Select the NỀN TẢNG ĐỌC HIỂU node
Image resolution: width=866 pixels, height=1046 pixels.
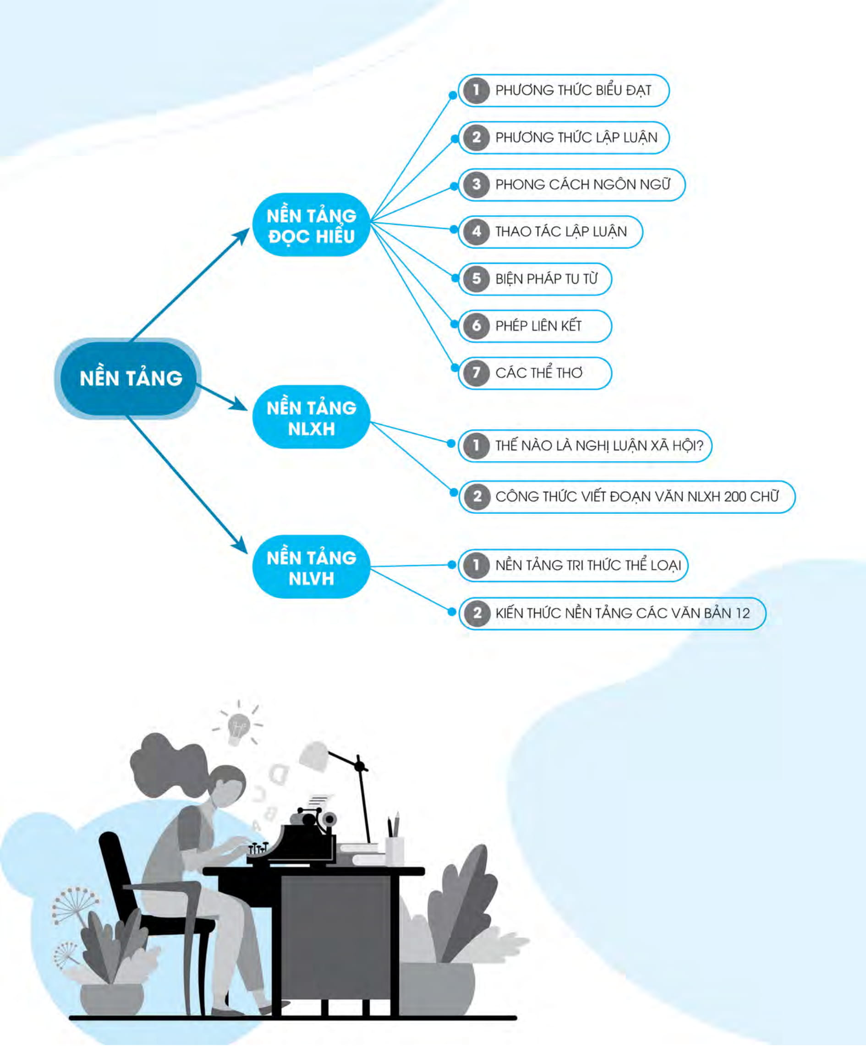pyautogui.click(x=312, y=225)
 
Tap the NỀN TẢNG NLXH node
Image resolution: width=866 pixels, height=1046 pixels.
pyautogui.click(x=312, y=417)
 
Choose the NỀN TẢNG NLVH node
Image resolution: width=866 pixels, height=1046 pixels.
pyautogui.click(x=312, y=567)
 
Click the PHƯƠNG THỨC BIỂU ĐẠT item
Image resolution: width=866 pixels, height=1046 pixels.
pyautogui.click(x=564, y=91)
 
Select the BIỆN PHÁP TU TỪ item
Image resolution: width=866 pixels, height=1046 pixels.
pyautogui.click(x=535, y=279)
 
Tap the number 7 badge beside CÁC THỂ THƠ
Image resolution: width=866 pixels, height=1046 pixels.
pyautogui.click(x=477, y=373)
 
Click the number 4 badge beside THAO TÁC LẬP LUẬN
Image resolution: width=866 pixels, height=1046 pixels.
pyautogui.click(x=477, y=232)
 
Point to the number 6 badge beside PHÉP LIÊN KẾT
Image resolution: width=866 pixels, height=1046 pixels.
pyautogui.click(x=477, y=326)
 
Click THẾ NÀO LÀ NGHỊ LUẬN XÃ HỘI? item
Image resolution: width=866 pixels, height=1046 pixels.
pyautogui.click(x=585, y=446)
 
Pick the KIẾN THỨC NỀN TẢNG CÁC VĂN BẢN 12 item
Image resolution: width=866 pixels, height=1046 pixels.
pyautogui.click(x=612, y=613)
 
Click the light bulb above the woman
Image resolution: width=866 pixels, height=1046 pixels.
pyautogui.click(x=239, y=727)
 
